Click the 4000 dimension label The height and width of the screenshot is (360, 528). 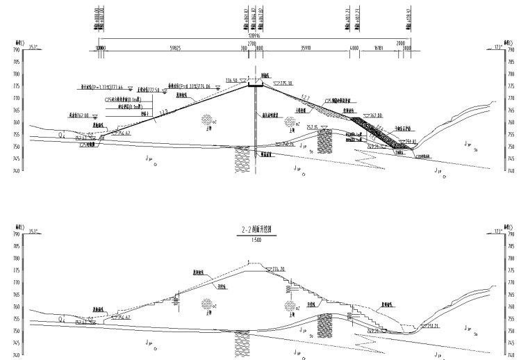click(354, 48)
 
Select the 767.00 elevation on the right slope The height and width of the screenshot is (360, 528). click(376, 115)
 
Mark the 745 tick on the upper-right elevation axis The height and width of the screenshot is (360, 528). click(511, 159)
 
